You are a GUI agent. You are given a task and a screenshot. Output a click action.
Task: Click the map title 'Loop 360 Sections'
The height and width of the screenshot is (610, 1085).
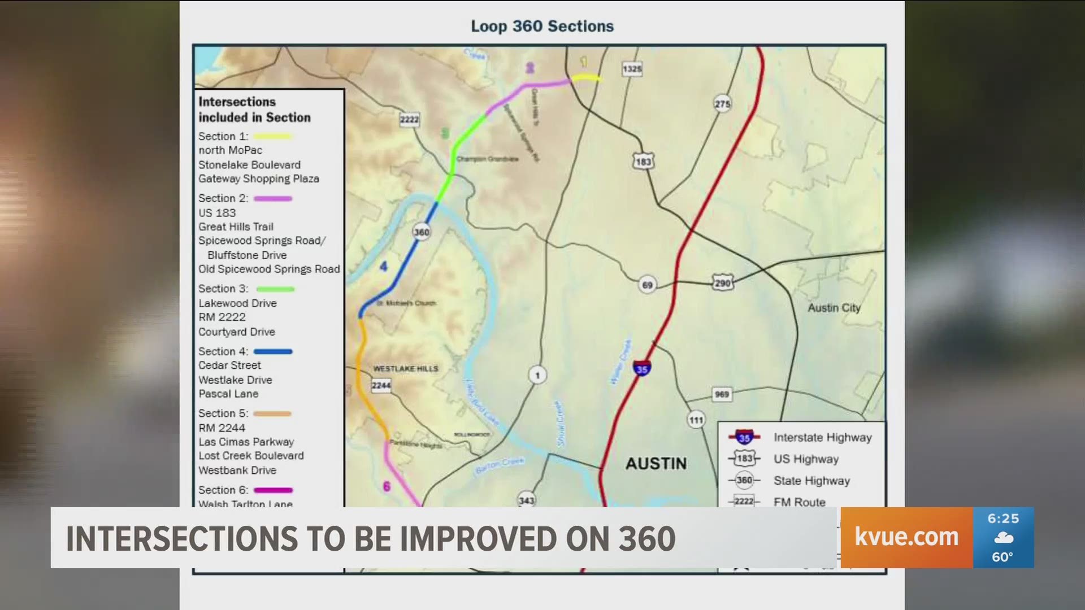(x=542, y=27)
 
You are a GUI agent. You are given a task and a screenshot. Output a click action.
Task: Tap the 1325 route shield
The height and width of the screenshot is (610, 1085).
(x=632, y=69)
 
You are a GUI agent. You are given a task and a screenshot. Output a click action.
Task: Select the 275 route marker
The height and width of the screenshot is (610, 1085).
(x=722, y=104)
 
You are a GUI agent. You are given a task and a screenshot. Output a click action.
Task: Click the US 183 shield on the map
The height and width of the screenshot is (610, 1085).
(x=643, y=162)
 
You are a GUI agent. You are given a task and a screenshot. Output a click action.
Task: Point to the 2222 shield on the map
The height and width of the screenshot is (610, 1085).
(x=409, y=120)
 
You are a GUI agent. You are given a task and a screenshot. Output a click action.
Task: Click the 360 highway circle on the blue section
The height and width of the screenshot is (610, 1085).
(x=422, y=232)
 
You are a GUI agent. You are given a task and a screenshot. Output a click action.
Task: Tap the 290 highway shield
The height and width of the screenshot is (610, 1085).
(x=723, y=283)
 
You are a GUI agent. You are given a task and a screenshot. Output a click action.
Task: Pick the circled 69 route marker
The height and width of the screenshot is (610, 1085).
(x=647, y=285)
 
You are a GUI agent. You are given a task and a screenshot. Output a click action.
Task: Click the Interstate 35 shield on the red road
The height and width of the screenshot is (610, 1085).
(x=641, y=369)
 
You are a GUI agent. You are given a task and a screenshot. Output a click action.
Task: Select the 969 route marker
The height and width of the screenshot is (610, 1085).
(x=722, y=394)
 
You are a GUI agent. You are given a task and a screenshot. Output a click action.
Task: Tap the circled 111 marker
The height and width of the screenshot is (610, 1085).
(x=696, y=420)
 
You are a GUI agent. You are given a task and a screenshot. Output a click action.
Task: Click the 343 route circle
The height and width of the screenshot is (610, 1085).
(x=526, y=500)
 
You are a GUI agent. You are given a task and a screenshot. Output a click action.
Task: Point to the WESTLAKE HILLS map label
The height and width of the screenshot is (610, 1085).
(x=405, y=369)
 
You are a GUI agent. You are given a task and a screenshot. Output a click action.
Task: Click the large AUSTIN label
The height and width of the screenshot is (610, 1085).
(x=656, y=464)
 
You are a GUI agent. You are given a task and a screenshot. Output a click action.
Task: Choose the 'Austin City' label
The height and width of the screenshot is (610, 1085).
(x=834, y=308)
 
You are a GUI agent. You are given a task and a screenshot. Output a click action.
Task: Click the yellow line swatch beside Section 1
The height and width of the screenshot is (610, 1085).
(x=272, y=136)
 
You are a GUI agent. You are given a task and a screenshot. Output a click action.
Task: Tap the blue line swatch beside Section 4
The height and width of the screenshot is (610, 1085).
(x=273, y=351)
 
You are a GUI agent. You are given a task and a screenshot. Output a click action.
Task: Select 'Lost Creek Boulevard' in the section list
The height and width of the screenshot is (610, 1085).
(x=251, y=456)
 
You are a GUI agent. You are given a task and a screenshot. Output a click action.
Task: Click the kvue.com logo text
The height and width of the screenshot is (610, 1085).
(x=906, y=537)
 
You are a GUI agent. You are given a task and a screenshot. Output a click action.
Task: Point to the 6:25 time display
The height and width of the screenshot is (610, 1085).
(x=1003, y=518)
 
